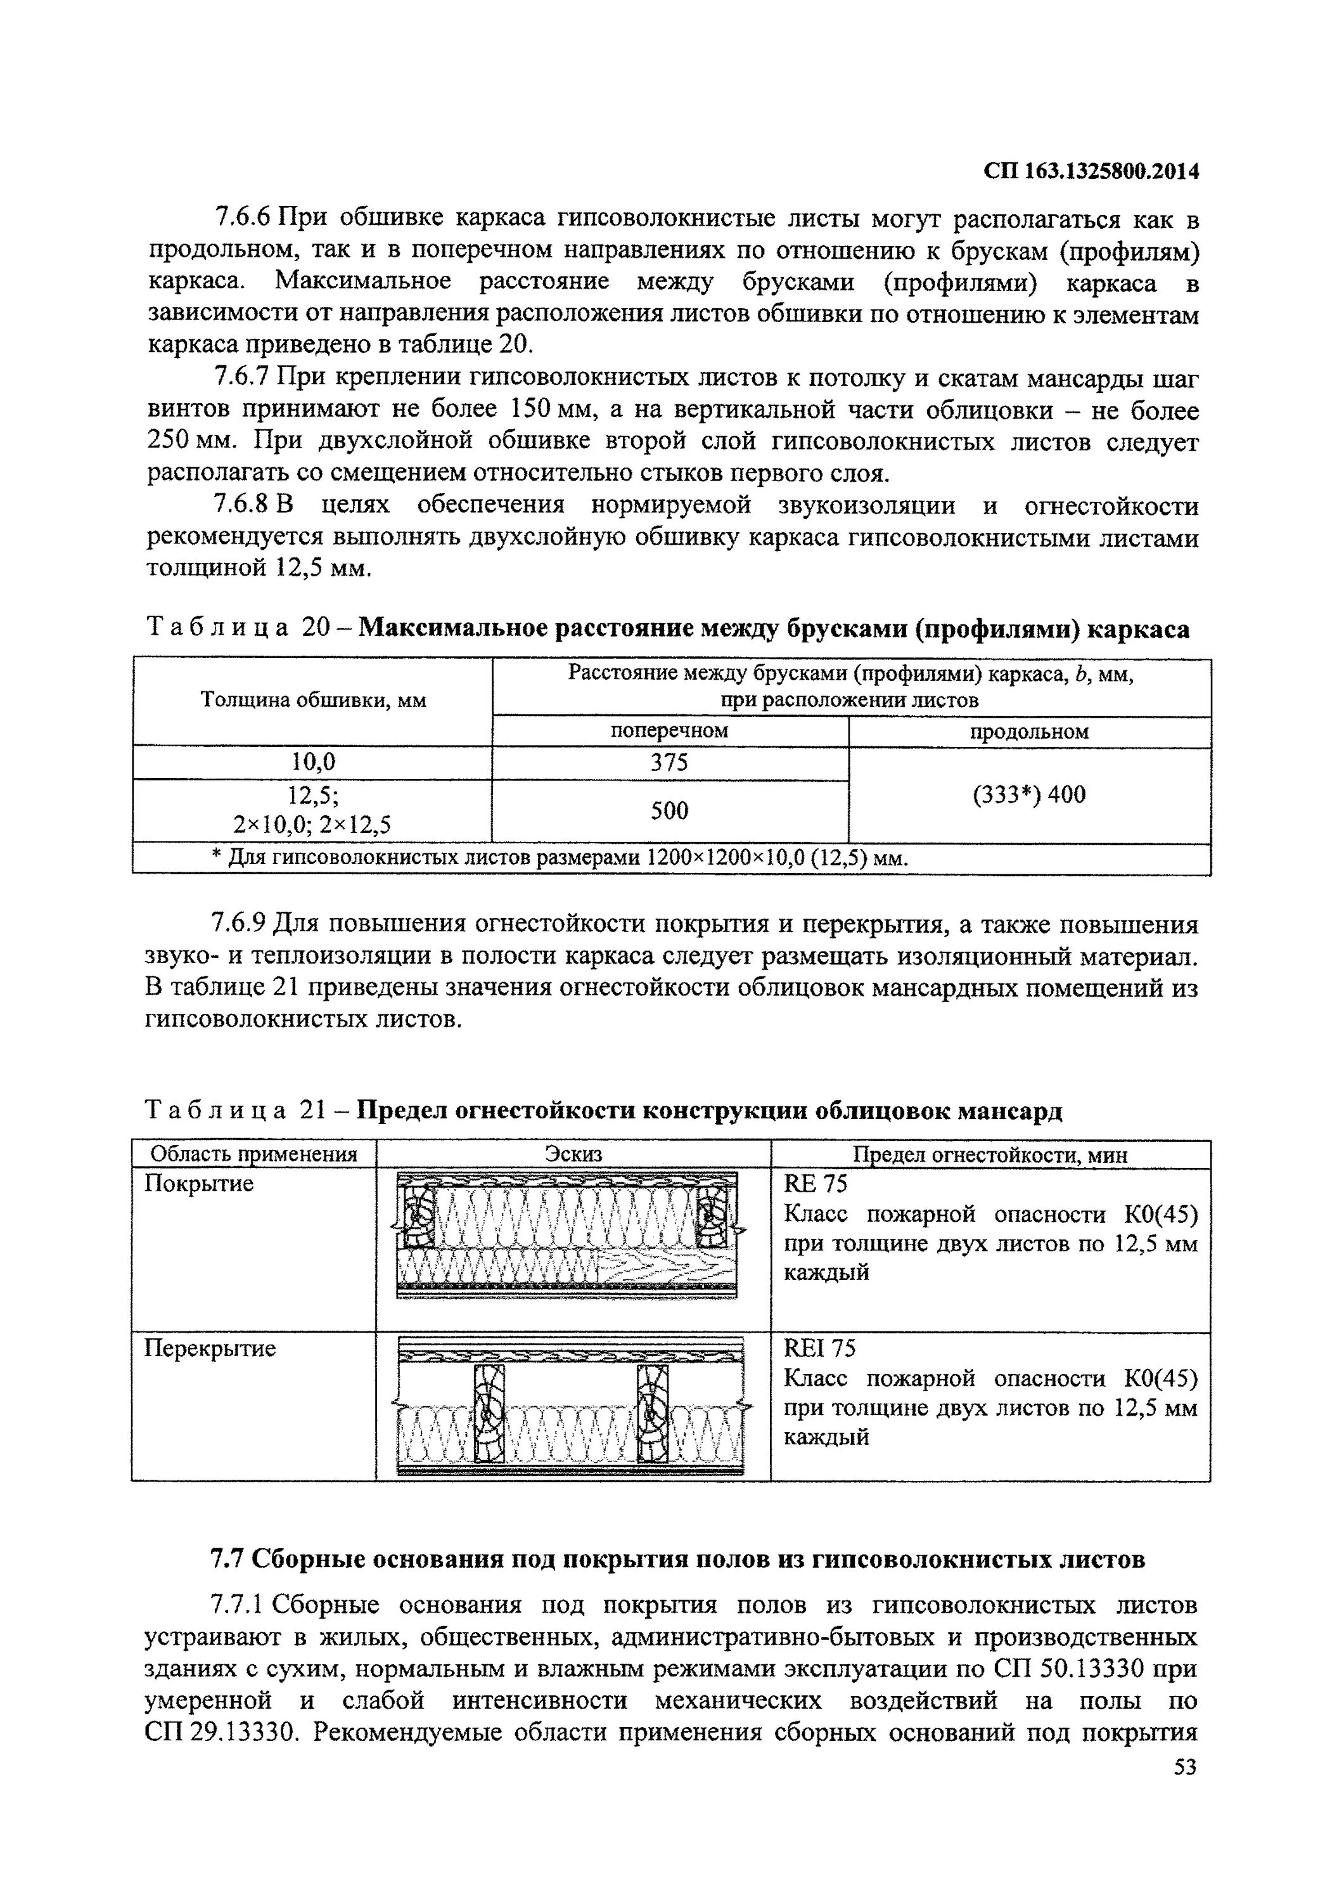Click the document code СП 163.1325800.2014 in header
coord(1091,171)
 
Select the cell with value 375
coord(669,762)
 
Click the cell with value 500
coord(669,810)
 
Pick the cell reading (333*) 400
coord(1028,795)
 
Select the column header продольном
coord(1028,732)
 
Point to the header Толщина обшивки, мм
coord(313,701)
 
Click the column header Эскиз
coord(573,1154)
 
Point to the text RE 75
coord(815,1184)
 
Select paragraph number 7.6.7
coord(242,378)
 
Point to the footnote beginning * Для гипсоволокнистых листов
coord(560,858)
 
